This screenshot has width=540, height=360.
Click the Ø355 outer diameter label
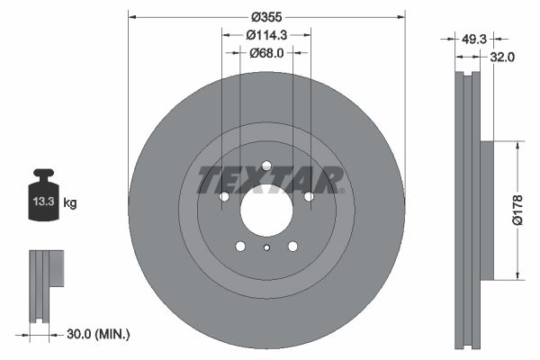pyautogui.click(x=266, y=17)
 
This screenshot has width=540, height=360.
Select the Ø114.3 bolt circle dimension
pyautogui.click(x=266, y=35)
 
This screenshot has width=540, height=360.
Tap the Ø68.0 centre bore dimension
pyautogui.click(x=266, y=53)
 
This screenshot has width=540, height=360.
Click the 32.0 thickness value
pyautogui.click(x=502, y=57)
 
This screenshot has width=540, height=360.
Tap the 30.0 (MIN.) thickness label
pyautogui.click(x=98, y=335)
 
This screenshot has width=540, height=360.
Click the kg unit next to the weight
pyautogui.click(x=70, y=203)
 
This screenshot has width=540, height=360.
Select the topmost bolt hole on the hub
pyautogui.click(x=266, y=166)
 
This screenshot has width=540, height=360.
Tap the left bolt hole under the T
pyautogui.click(x=225, y=196)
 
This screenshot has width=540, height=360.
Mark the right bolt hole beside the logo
pyautogui.click(x=308, y=196)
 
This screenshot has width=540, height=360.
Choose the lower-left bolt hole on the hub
pyautogui.click(x=240, y=246)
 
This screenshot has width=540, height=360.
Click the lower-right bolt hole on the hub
pyautogui.click(x=292, y=246)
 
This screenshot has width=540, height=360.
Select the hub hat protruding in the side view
pyautogui.click(x=486, y=211)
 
